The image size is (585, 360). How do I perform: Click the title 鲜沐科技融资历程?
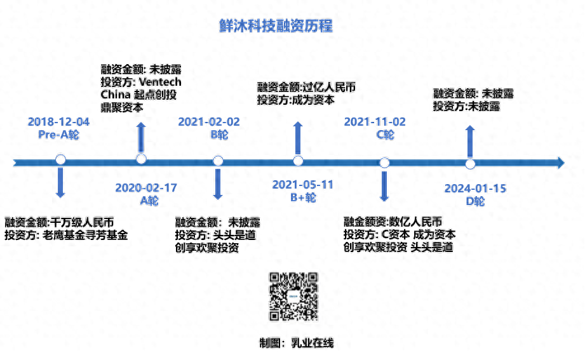tap(275, 26)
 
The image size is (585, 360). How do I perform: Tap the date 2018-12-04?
tap(59, 122)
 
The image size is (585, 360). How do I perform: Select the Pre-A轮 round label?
tap(59, 135)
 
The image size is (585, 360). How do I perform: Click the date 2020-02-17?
tap(146, 188)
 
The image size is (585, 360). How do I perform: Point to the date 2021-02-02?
tap(209, 122)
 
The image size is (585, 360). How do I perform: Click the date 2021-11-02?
tap(375, 122)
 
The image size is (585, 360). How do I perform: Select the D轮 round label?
tap(475, 202)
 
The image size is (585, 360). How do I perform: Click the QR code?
tap(293, 297)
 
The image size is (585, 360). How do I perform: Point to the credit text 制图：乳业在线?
tap(296, 343)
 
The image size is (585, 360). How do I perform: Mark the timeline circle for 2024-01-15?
tap(470, 164)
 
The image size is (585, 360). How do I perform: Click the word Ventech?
tap(159, 83)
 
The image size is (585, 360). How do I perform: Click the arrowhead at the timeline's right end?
tap(559, 163)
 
